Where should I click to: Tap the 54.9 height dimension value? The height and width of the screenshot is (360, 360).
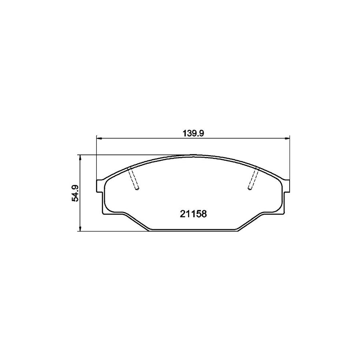(x=75, y=193)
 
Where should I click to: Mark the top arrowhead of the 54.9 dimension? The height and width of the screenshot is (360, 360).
(x=81, y=158)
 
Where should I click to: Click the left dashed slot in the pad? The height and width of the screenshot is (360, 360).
(x=133, y=178)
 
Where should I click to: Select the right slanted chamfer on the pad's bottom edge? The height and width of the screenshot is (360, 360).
(x=250, y=222)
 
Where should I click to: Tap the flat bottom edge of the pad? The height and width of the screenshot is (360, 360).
(x=193, y=230)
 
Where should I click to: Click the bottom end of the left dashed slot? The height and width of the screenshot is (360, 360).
(x=137, y=189)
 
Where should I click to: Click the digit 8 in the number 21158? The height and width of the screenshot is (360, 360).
(x=204, y=214)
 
